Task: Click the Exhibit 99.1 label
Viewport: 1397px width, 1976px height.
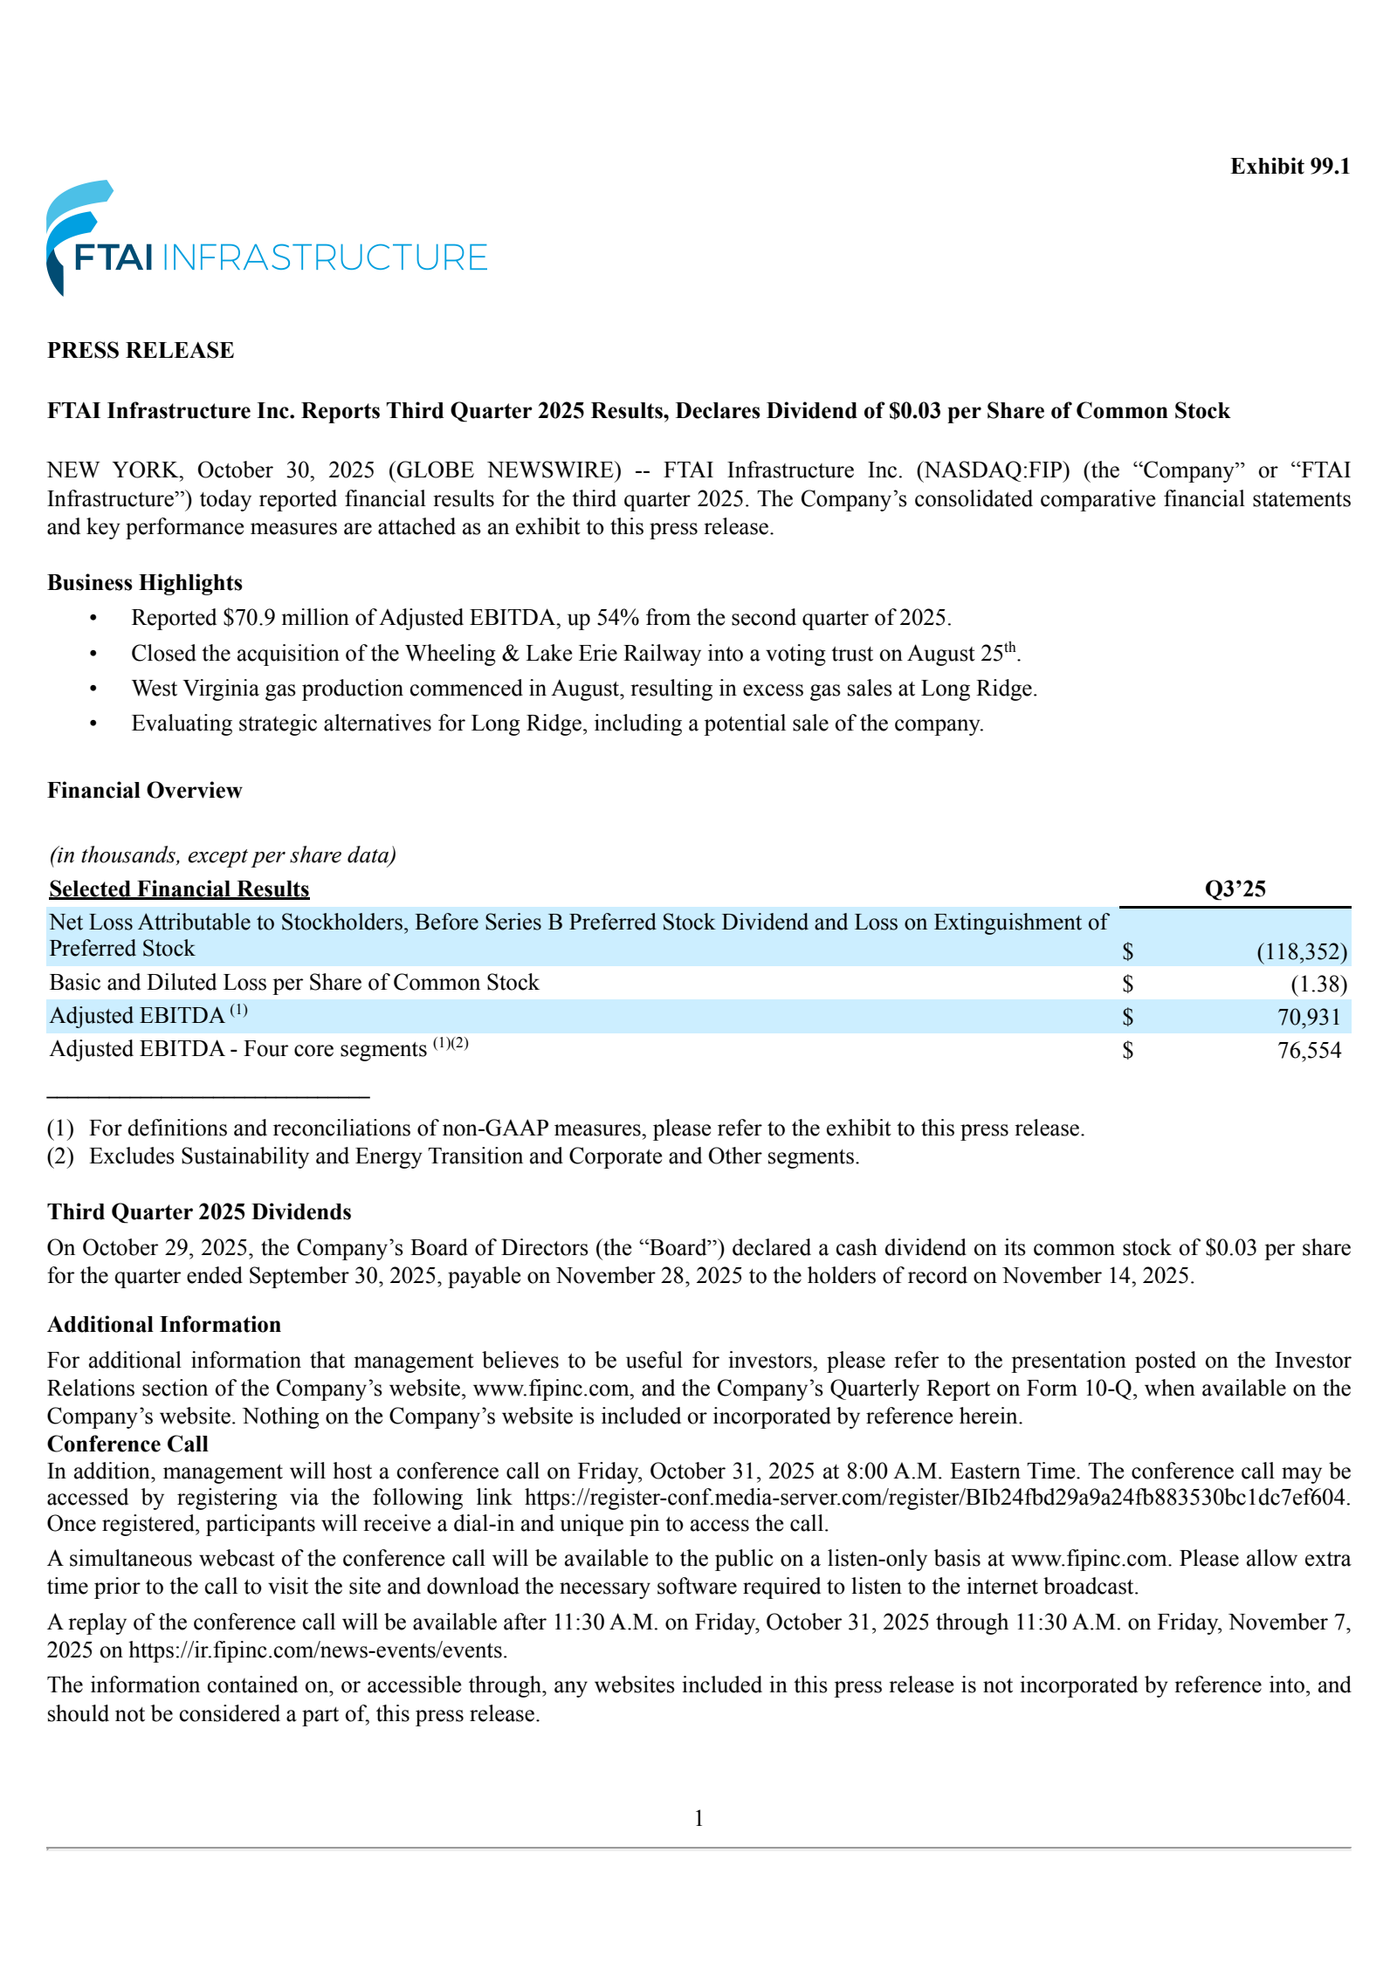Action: (x=1290, y=167)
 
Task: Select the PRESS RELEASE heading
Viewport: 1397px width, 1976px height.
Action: (x=141, y=350)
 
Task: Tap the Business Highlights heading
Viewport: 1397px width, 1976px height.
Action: (x=145, y=582)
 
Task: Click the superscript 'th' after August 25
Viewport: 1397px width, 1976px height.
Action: (x=1010, y=648)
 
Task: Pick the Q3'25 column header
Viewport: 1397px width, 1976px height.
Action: (x=1235, y=889)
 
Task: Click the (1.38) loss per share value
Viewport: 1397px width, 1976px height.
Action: (x=1318, y=985)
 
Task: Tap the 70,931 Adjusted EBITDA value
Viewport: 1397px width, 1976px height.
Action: (x=1309, y=1017)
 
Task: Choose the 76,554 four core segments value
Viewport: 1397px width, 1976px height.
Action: (x=1309, y=1050)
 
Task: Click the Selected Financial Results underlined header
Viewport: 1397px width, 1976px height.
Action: (x=179, y=889)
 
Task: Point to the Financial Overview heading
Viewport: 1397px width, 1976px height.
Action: (x=145, y=790)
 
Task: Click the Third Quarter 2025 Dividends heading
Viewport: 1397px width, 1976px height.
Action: (x=199, y=1211)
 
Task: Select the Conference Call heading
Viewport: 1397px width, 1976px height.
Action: (x=127, y=1444)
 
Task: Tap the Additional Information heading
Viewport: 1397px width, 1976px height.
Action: (x=164, y=1324)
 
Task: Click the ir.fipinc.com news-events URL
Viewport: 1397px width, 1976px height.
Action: (x=317, y=1650)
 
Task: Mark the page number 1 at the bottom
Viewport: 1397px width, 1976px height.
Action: (x=698, y=1818)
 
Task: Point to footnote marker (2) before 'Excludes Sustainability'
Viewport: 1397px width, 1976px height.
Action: (x=60, y=1156)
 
